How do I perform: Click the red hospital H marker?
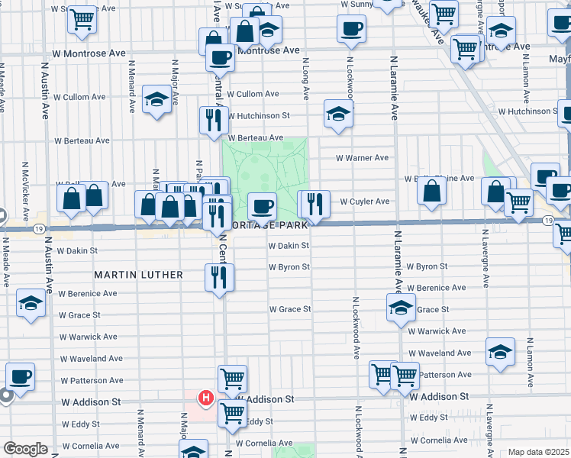point(205,398)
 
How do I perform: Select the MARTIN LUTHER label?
point(138,274)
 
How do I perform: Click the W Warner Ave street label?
point(364,158)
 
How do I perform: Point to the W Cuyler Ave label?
point(365,202)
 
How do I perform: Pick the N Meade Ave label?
point(5,263)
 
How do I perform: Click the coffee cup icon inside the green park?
point(262,205)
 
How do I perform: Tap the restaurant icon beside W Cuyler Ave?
point(314,203)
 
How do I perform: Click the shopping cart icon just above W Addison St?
point(232,377)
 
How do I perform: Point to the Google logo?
point(25,449)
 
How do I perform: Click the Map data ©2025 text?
point(537,452)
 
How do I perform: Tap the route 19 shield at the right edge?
point(549,220)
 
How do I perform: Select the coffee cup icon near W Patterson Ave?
point(20,376)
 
